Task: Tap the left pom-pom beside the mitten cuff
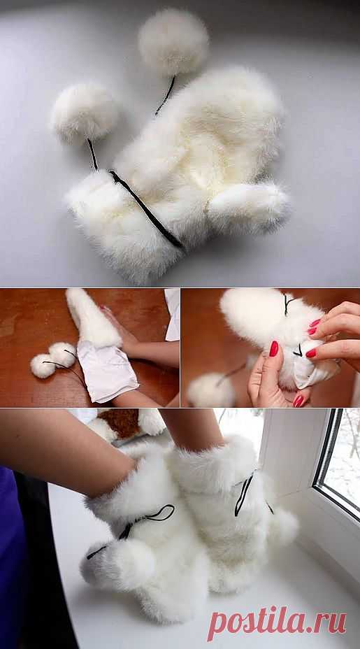coord(85,112)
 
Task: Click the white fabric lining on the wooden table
coord(107,370)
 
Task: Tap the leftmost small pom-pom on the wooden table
coord(43,366)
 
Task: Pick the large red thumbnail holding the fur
coord(274,348)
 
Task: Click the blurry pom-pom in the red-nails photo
coord(210,390)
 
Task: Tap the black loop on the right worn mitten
coord(244,494)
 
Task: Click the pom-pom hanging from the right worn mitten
coord(282,528)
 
